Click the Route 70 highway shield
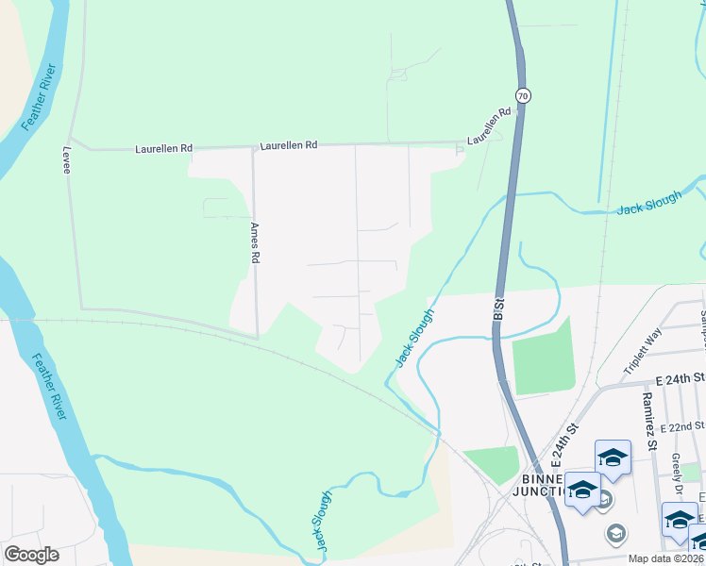pos(523,95)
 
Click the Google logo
pos(31,555)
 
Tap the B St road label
pos(498,313)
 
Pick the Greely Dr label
pos(677,465)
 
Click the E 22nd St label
pos(682,427)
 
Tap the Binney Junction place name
pos(537,483)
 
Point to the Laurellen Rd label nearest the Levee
pos(163,148)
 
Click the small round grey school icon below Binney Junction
pos(615,534)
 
